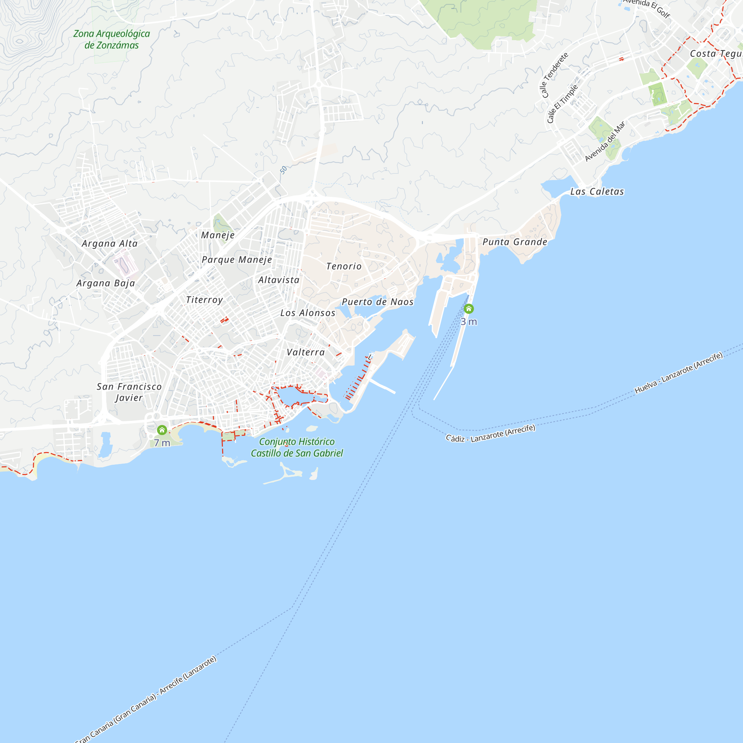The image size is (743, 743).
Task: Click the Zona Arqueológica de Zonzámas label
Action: tap(111, 39)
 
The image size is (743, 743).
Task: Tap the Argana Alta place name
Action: tap(110, 243)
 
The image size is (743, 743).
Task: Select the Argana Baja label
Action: tap(106, 283)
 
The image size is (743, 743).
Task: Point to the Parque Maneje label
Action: tap(237, 260)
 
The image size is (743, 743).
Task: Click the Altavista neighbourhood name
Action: tap(279, 280)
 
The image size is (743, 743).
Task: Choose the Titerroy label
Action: tap(204, 299)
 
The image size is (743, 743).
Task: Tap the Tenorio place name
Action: tap(344, 266)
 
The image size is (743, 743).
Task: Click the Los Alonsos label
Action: tap(308, 313)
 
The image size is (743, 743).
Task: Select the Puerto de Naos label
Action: tap(378, 302)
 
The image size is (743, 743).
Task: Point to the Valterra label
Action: tap(306, 352)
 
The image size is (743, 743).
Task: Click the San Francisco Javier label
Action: tap(129, 392)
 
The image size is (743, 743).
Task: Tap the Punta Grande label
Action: tap(515, 242)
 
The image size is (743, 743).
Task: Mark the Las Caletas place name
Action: tap(597, 192)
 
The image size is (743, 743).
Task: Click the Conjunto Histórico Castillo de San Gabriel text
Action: tap(297, 447)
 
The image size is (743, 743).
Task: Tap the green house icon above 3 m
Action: tap(468, 309)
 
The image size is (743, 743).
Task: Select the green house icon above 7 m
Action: tap(162, 429)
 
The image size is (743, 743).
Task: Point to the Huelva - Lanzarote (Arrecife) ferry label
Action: tap(678, 373)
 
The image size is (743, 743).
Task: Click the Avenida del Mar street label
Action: tap(605, 142)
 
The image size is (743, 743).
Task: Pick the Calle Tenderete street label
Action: tap(554, 75)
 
